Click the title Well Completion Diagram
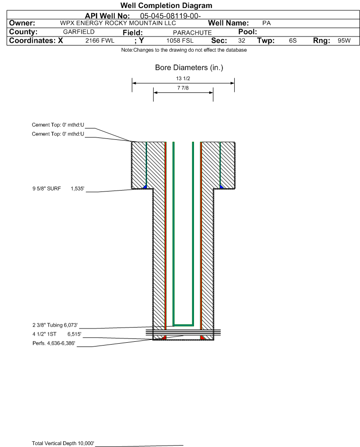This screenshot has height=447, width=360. coord(166,6)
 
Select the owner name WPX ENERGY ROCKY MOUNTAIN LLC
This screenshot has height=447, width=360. coord(118,23)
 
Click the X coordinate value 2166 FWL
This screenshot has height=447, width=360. coord(100,41)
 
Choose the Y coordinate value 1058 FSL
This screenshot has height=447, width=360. coord(180,41)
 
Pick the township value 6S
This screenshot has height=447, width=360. coord(293,41)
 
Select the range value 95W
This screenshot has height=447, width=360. coord(344,41)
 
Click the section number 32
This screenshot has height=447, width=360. coord(241,41)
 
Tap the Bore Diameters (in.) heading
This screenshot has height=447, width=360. coord(189,68)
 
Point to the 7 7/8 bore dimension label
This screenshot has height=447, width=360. coord(183,88)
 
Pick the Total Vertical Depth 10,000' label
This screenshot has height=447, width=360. coord(63,443)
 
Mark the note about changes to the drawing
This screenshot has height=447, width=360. coord(184,50)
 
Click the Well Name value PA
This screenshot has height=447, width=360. coord(266,23)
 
